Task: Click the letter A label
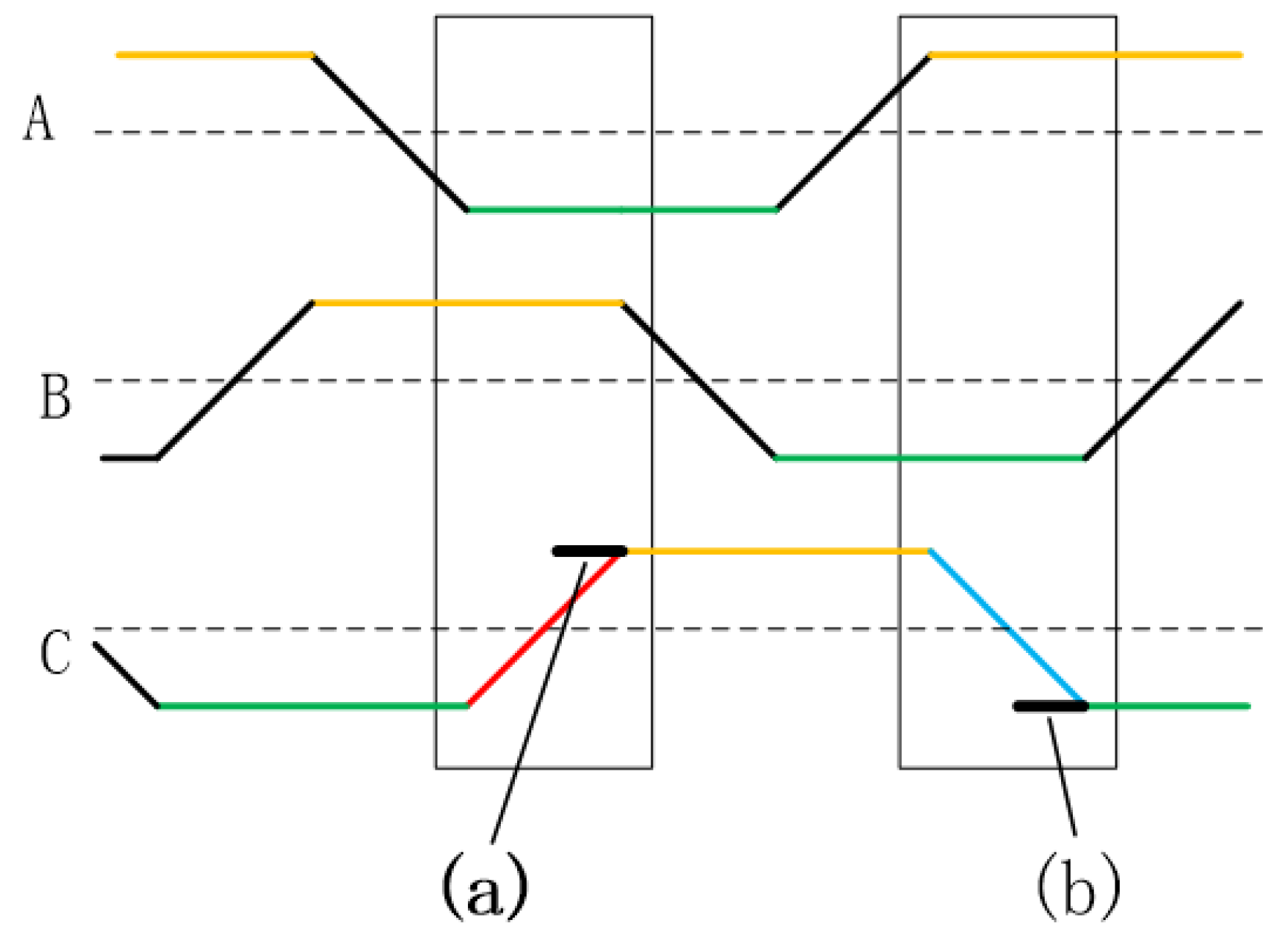39,120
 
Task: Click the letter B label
55,397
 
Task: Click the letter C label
55,653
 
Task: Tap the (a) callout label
485,885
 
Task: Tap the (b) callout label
1078,885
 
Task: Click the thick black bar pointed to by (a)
589,551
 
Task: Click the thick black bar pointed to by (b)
1050,706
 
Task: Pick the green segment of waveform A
622,210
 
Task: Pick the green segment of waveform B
930,458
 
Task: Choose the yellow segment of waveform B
468,303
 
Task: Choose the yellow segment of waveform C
778,551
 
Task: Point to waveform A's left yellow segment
214,54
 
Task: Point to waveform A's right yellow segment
1086,54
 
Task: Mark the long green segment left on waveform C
313,706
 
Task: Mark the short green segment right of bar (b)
1168,706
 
